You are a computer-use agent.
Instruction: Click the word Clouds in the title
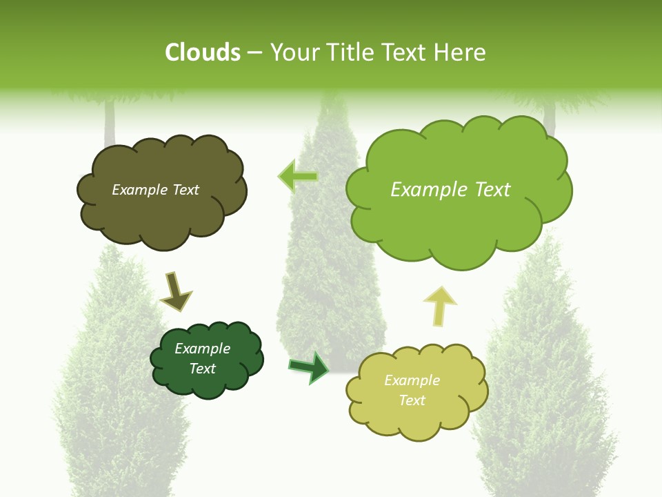202,52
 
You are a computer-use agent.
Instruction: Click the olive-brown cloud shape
162,214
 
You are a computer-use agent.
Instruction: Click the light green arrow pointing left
298,177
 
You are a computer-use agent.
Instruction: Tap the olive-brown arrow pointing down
174,292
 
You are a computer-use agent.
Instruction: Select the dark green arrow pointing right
309,367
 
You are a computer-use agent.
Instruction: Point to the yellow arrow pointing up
439,305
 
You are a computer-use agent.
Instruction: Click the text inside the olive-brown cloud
155,190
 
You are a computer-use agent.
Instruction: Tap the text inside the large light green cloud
450,190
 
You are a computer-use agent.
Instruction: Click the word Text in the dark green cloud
202,369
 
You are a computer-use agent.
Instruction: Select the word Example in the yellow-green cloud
412,380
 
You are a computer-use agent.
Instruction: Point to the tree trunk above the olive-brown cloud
109,124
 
